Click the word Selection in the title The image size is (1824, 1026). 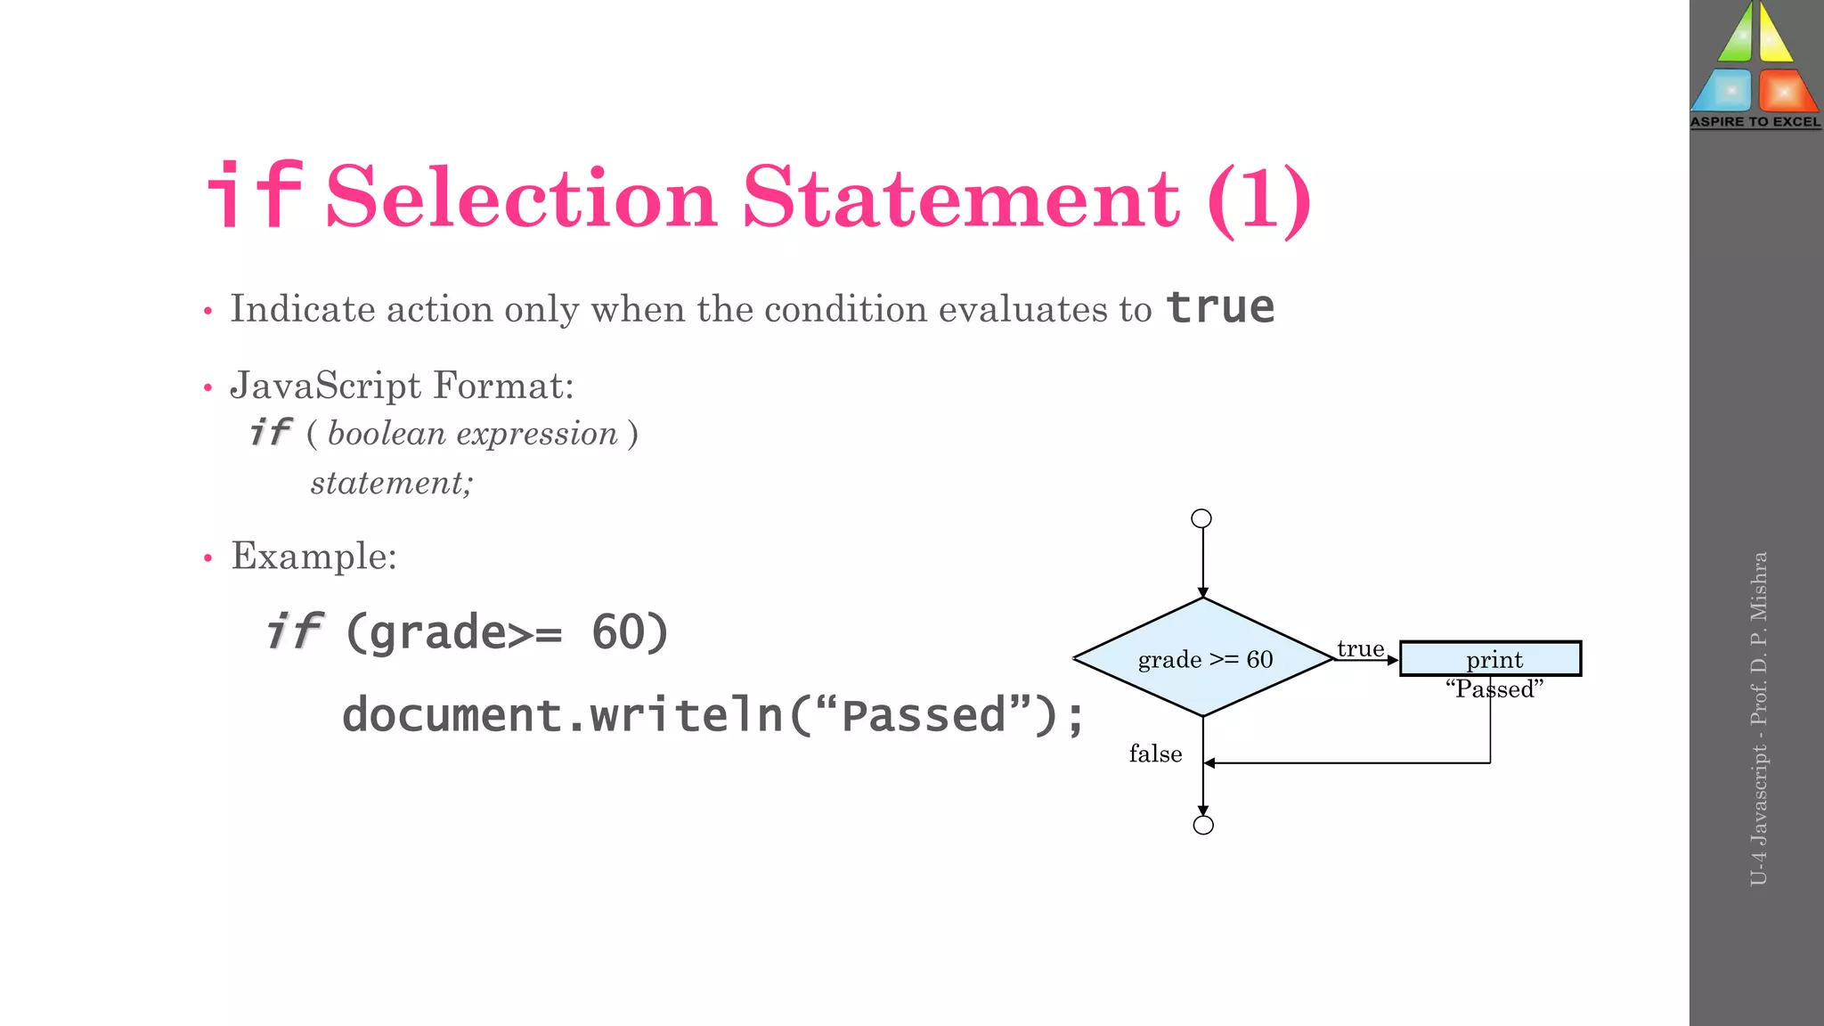click(521, 198)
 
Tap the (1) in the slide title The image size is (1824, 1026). click(1258, 199)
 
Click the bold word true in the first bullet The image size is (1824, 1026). click(1220, 307)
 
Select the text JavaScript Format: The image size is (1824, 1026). click(402, 386)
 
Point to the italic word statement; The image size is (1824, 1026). click(391, 483)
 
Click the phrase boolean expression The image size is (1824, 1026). click(472, 434)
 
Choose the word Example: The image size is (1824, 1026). click(313, 556)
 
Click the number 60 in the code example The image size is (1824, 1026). click(616, 632)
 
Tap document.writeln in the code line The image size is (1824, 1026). click(562, 715)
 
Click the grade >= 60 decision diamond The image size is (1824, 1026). click(1204, 658)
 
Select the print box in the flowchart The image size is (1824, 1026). click(1490, 659)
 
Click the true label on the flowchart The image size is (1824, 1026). click(1360, 648)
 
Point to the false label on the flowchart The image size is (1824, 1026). click(1155, 753)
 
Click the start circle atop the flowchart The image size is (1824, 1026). click(1201, 518)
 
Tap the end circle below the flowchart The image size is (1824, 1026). click(1203, 825)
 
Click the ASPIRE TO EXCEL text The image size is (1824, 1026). click(1755, 122)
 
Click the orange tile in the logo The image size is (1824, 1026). click(1786, 90)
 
